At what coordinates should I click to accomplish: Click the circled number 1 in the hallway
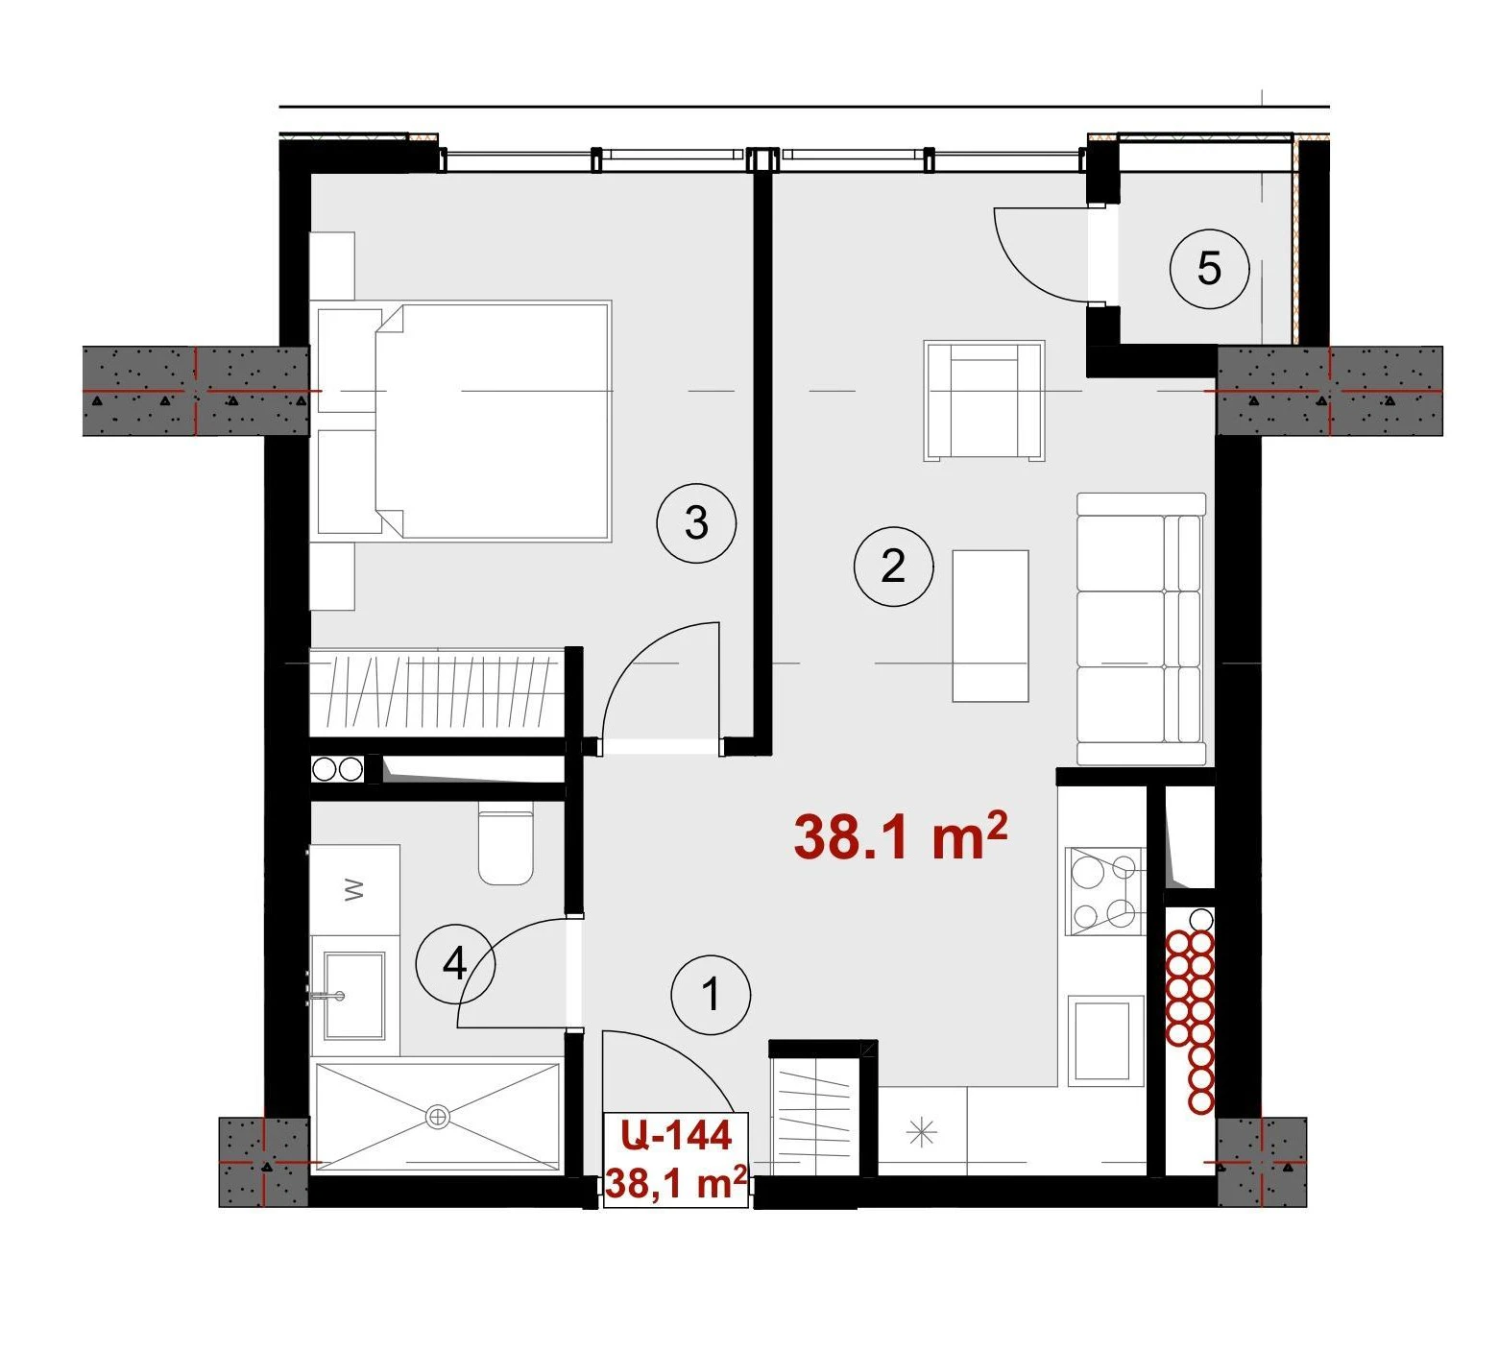pos(711,994)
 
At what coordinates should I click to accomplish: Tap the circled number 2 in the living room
pos(893,566)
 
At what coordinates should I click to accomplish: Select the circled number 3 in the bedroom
pos(696,523)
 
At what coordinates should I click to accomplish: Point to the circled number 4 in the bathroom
pos(455,963)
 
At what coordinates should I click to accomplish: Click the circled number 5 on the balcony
pos(1209,268)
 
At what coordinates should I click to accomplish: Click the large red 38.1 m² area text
pos(900,835)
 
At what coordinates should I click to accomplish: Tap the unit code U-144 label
pos(676,1135)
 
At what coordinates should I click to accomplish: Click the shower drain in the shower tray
pos(438,1116)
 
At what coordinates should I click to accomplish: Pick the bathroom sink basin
pos(354,996)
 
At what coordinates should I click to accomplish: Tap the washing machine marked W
pos(354,889)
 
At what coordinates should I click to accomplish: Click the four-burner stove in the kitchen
pos(1104,891)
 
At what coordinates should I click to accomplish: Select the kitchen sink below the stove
pos(1104,1041)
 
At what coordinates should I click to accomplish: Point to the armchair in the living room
pos(984,400)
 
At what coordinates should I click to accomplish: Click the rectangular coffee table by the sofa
pos(990,625)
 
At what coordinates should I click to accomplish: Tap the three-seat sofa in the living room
pos(1141,629)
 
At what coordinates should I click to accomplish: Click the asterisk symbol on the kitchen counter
pos(921,1133)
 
